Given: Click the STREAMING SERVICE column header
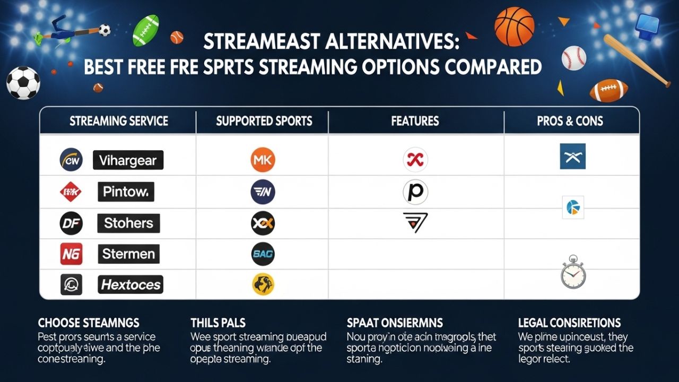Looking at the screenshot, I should pyautogui.click(x=118, y=121).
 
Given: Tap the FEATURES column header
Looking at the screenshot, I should pyautogui.click(x=415, y=121).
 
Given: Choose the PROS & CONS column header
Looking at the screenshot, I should pyautogui.click(x=570, y=121).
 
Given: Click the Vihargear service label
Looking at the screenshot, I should pyautogui.click(x=128, y=160).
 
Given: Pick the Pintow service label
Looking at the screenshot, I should pyautogui.click(x=126, y=192).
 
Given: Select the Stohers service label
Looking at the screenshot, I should pyautogui.click(x=128, y=223).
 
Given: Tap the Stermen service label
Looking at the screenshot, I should pyautogui.click(x=128, y=254).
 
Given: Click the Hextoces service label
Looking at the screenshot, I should pyautogui.click(x=130, y=285).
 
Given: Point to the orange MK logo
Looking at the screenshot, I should pyautogui.click(x=263, y=160).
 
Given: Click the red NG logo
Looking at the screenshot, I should pyautogui.click(x=71, y=254).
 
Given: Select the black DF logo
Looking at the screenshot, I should pyautogui.click(x=71, y=223).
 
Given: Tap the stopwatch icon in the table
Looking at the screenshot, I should pyautogui.click(x=573, y=273).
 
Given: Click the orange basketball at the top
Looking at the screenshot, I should pyautogui.click(x=514, y=27).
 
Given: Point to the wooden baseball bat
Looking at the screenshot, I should pyautogui.click(x=637, y=60).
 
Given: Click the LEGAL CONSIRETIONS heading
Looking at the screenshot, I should pyautogui.click(x=569, y=323).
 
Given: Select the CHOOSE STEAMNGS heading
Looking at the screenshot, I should pyautogui.click(x=89, y=323).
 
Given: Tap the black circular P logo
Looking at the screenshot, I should pyautogui.click(x=415, y=192).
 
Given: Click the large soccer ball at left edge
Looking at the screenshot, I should pyautogui.click(x=23, y=83).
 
